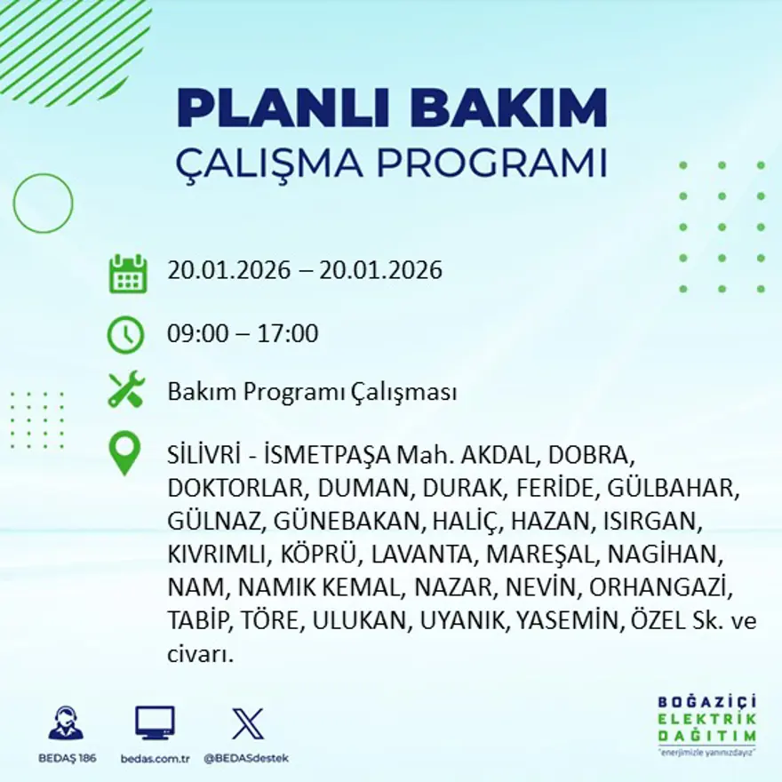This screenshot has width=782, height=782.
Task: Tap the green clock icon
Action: click(125, 335)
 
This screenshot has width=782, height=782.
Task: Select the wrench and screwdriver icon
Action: click(125, 390)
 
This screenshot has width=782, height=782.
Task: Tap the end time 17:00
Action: click(288, 334)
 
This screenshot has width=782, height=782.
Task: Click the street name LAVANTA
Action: click(422, 555)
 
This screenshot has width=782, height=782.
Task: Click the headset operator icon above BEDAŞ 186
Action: click(66, 723)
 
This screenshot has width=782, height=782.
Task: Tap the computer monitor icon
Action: click(155, 722)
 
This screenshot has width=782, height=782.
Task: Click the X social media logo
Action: click(247, 723)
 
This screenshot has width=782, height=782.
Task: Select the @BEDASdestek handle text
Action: click(246, 758)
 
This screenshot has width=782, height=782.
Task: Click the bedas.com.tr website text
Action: click(155, 758)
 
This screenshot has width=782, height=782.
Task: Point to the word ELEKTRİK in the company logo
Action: click(706, 719)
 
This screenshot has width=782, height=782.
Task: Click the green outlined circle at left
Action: click(43, 203)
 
